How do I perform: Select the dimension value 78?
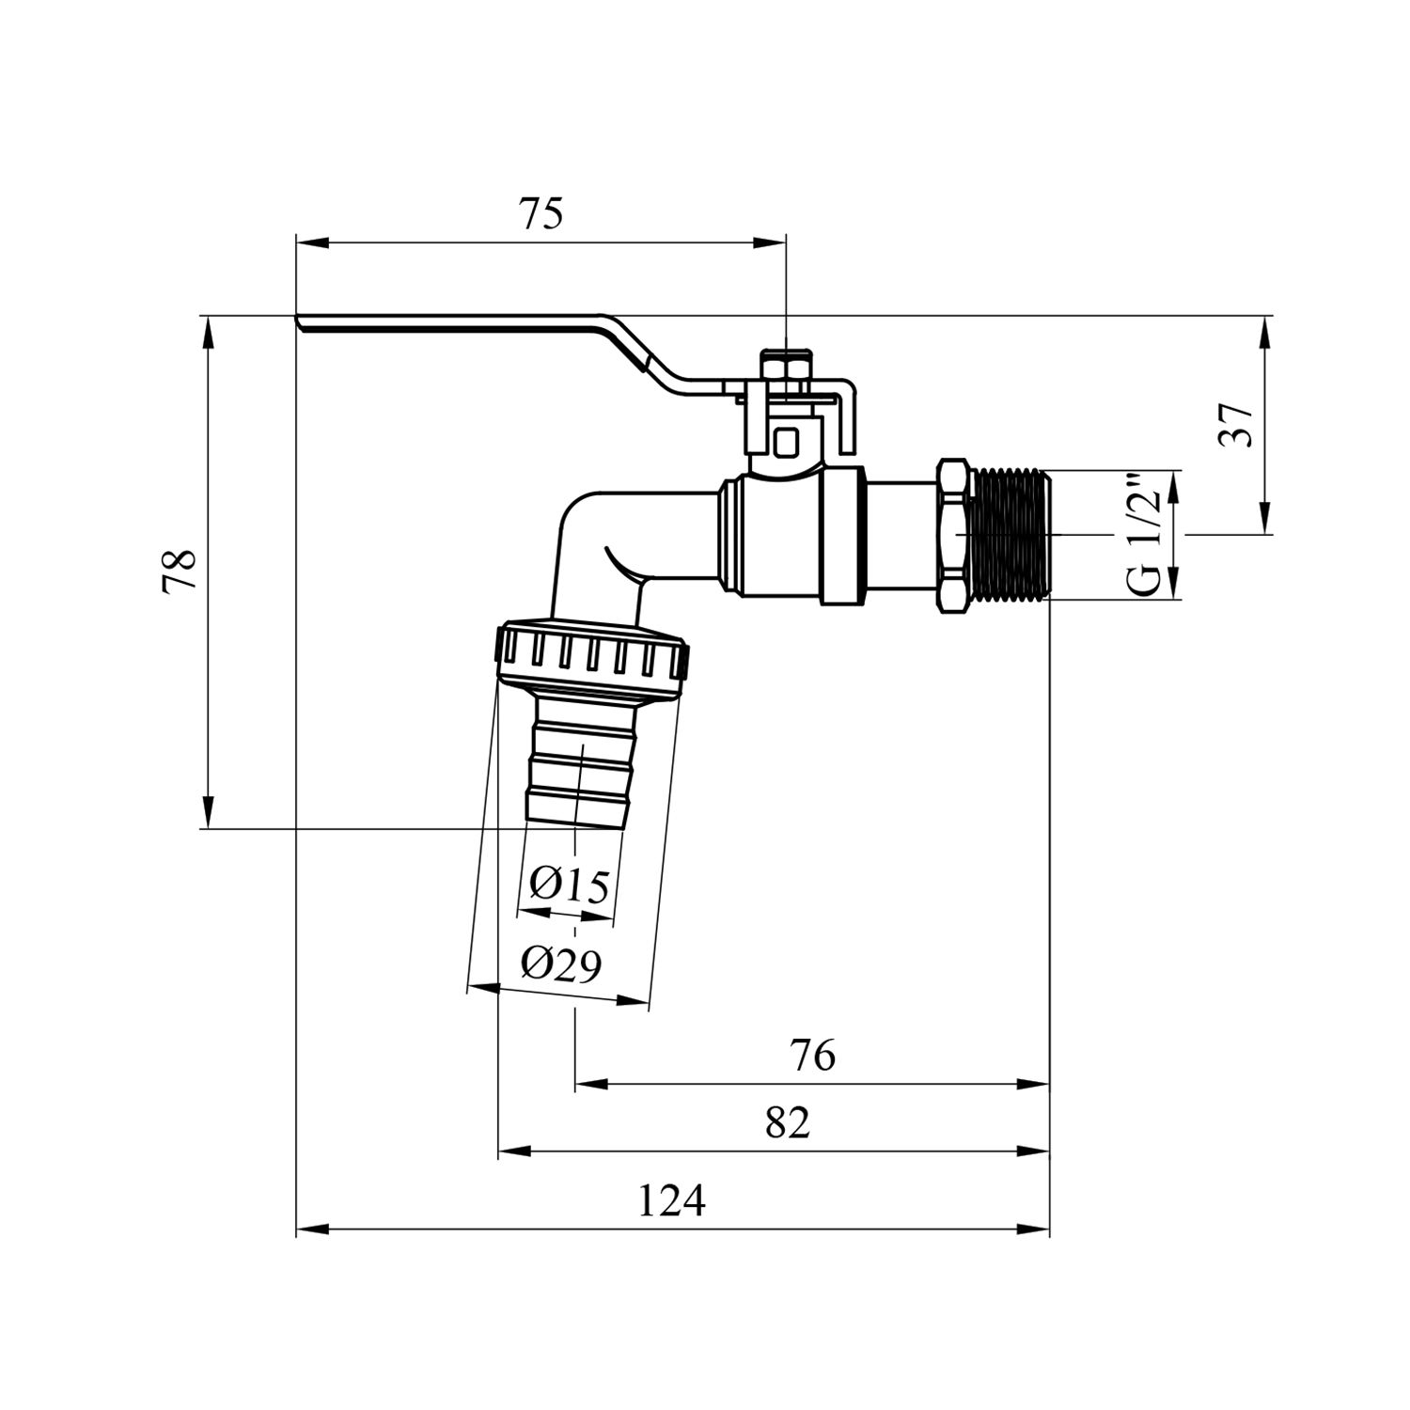pos(179,571)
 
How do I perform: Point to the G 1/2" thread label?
pos(1146,534)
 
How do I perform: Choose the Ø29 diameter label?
pos(561,964)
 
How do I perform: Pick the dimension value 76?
pos(813,1056)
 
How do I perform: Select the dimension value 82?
pos(787,1121)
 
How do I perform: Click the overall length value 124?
pos(671,1200)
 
